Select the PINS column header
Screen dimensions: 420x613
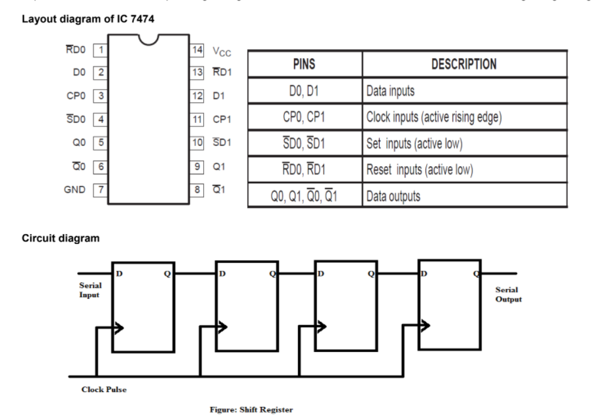coord(305,65)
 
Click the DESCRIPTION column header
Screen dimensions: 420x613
coord(464,65)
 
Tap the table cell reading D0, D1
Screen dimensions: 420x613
coord(305,91)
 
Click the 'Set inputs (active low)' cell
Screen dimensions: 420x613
coord(414,143)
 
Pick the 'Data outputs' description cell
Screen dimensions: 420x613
coord(393,196)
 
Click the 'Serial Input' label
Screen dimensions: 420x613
coord(90,290)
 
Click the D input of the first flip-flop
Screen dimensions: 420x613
coord(118,273)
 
